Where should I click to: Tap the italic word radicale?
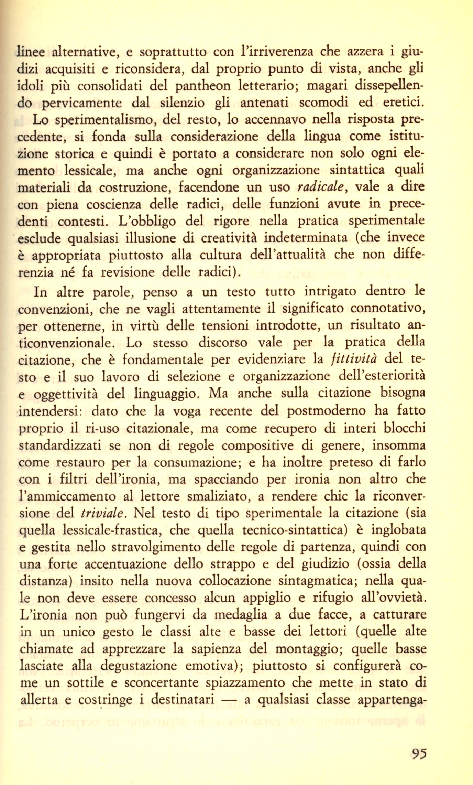click(x=321, y=187)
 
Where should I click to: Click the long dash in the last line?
click(x=233, y=700)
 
